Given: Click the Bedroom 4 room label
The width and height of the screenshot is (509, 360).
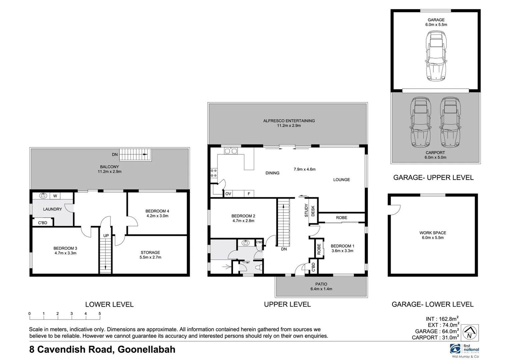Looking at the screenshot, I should coord(157,211).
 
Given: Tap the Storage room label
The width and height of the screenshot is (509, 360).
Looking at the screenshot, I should coord(150,252).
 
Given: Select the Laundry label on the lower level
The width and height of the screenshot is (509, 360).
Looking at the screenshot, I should coord(52,209).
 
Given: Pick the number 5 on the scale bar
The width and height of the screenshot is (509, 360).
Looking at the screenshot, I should coord(100,314).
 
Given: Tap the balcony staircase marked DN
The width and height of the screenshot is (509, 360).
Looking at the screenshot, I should coord(135,155).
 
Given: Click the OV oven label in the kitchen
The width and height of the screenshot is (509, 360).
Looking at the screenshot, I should coord(228,194).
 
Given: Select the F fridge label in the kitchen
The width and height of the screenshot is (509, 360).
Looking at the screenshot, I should coord(249,194).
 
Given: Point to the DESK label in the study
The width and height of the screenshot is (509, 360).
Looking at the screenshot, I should coord(313,211).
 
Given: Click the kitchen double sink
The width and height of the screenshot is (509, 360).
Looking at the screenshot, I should coord(230,151).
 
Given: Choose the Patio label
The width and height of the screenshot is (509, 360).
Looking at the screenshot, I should coord(321,284).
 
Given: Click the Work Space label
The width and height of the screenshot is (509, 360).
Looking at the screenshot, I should coord(433,233).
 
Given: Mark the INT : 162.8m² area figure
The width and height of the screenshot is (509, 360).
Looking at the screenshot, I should coord(442,319).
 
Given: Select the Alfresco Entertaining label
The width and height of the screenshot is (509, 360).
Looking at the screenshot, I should coord(289,121).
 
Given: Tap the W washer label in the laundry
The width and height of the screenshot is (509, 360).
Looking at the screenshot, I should coord(55,196).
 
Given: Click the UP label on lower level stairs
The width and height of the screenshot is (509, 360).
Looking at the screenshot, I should coord(106,236).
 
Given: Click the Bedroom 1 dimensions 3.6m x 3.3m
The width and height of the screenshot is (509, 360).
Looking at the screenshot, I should coord(342,251).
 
